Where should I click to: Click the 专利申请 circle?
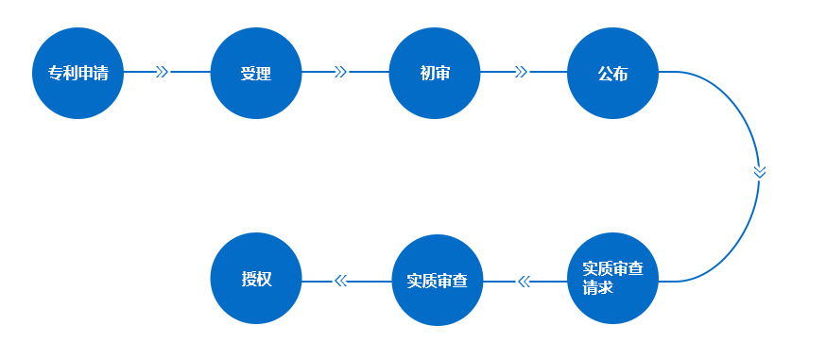[x=77, y=73]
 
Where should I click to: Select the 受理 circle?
[x=256, y=73]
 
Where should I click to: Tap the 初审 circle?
[x=435, y=73]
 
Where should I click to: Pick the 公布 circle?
[x=612, y=73]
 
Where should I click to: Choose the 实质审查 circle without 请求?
[x=438, y=281]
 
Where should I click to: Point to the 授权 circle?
[x=256, y=280]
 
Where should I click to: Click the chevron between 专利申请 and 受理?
[x=162, y=72]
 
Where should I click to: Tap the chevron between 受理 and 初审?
[x=341, y=72]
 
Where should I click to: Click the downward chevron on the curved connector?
[x=759, y=172]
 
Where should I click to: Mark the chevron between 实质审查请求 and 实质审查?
[x=525, y=281]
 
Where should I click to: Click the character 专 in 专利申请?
[x=56, y=74]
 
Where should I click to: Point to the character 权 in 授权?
[x=265, y=280]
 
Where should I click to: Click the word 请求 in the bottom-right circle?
[x=598, y=288]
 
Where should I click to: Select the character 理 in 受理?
[x=264, y=74]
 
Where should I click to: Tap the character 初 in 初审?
[x=427, y=74]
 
